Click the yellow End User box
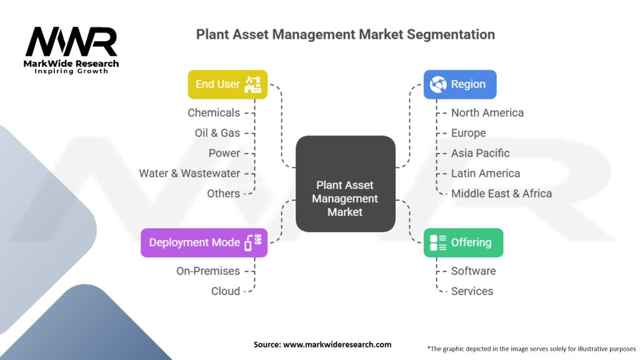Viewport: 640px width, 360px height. (227, 84)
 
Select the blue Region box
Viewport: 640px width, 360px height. (460, 84)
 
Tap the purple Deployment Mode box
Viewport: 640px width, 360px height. (204, 242)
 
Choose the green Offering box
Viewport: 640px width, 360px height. (463, 242)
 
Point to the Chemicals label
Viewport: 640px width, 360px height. (214, 112)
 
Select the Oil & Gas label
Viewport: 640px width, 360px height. (217, 133)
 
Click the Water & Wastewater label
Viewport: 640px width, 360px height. (189, 173)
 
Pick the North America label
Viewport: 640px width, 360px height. (487, 112)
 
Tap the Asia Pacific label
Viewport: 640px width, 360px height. (480, 153)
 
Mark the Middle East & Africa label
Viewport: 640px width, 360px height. (501, 193)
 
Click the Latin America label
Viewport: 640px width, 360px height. (485, 173)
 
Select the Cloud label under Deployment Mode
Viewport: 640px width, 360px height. (225, 291)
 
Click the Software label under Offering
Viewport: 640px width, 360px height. (473, 271)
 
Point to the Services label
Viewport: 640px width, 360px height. (472, 291)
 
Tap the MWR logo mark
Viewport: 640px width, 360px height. (71, 42)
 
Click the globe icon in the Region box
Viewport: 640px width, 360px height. (438, 84)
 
